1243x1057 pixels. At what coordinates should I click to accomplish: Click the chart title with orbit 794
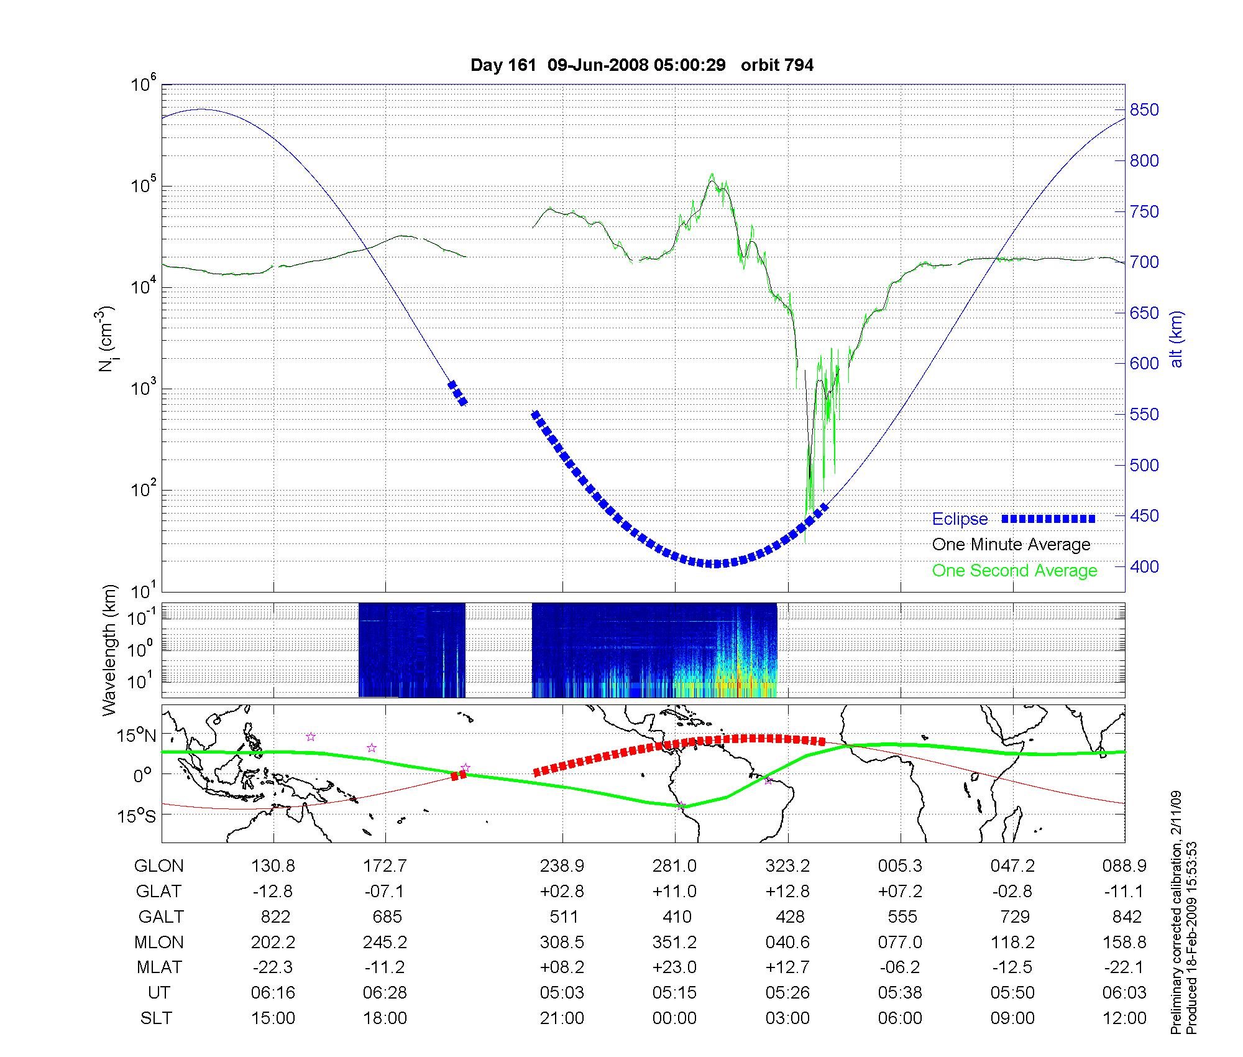click(642, 65)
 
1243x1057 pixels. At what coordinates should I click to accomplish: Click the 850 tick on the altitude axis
click(1144, 110)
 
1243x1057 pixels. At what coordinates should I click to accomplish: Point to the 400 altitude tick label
click(1144, 566)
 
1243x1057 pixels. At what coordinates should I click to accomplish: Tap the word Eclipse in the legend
click(960, 519)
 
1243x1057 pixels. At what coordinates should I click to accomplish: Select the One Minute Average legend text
click(1011, 545)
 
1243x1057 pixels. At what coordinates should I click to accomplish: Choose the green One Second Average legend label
click(1014, 571)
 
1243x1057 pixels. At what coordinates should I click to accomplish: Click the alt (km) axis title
click(1176, 339)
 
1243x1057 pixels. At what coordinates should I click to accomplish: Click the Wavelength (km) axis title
click(109, 650)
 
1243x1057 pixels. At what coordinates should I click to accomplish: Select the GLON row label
click(159, 865)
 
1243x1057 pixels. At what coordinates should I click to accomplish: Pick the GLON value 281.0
click(674, 865)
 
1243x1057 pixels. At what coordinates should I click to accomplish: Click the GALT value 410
click(677, 916)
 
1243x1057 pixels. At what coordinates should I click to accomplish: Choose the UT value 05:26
click(787, 992)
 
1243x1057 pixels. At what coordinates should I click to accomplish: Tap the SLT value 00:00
click(674, 1018)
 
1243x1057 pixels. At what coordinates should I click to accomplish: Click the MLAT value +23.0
click(674, 967)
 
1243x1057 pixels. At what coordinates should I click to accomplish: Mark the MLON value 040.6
click(787, 942)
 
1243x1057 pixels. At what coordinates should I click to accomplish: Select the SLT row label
click(156, 1018)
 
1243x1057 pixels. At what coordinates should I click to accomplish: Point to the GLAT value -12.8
click(272, 891)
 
